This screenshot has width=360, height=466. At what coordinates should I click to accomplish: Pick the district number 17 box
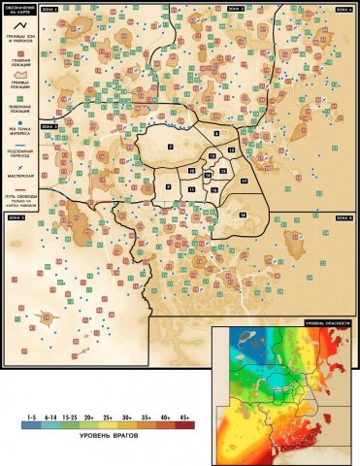[245, 182]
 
